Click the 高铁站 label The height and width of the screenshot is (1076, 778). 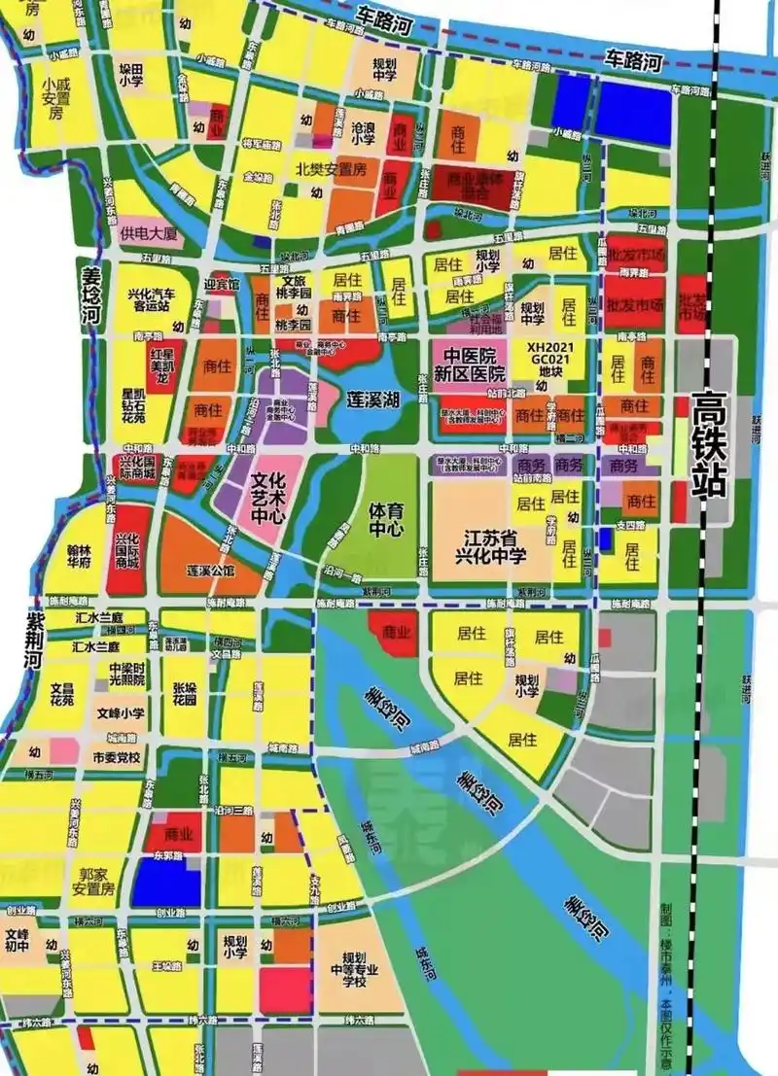click(710, 445)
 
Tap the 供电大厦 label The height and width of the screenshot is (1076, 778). click(148, 234)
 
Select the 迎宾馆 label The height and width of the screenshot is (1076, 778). click(221, 285)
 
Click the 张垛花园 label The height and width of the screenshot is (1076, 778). click(185, 694)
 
